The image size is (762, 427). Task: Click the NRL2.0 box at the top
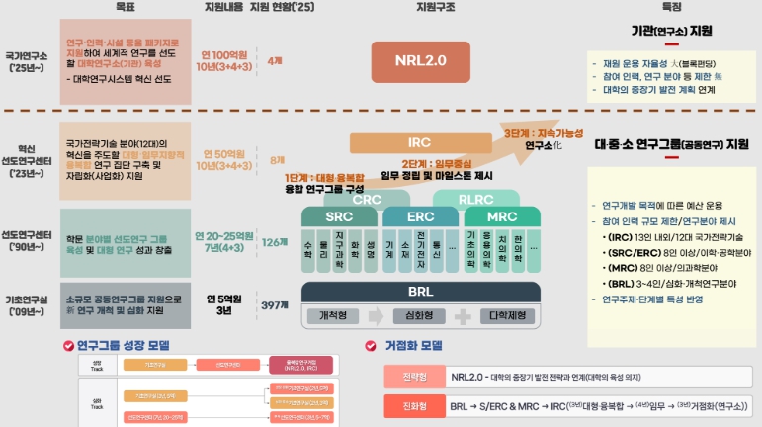421,61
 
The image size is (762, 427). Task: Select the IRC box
419,142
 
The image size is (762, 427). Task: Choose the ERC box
419,216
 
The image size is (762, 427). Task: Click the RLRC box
483,198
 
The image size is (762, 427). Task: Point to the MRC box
502,216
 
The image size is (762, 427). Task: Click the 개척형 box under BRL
338,316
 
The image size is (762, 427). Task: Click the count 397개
275,305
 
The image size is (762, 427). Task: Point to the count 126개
274,241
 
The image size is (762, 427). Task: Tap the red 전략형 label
413,377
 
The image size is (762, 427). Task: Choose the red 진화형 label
413,405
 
